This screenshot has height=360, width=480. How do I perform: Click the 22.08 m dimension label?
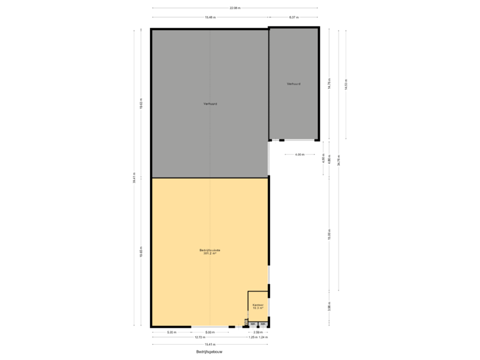[235, 8]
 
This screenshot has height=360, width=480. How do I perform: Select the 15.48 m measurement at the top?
[210, 17]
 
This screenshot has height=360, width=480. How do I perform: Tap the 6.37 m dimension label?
[293, 17]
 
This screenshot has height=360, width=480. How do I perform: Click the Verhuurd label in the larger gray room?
[210, 103]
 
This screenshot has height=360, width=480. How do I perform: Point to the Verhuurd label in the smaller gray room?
[293, 84]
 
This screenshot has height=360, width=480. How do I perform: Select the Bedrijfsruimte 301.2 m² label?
[210, 251]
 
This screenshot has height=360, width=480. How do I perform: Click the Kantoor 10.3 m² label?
[258, 307]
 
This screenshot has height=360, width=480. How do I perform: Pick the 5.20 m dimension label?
[171, 332]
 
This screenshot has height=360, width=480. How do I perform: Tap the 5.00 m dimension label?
[210, 332]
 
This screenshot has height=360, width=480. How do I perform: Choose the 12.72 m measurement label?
[200, 337]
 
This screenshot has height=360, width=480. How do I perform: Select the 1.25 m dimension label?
[252, 337]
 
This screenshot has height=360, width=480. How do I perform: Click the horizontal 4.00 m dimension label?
[300, 155]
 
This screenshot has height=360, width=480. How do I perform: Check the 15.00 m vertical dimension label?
[329, 235]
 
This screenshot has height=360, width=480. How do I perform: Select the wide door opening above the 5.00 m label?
[210, 327]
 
